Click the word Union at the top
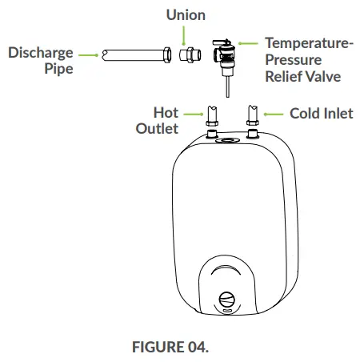186,15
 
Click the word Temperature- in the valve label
309,44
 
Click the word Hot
166,113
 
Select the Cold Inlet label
321,114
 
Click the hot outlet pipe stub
213,114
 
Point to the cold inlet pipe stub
253,114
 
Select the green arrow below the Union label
185,34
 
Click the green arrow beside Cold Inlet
274,114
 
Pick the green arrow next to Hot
193,114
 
